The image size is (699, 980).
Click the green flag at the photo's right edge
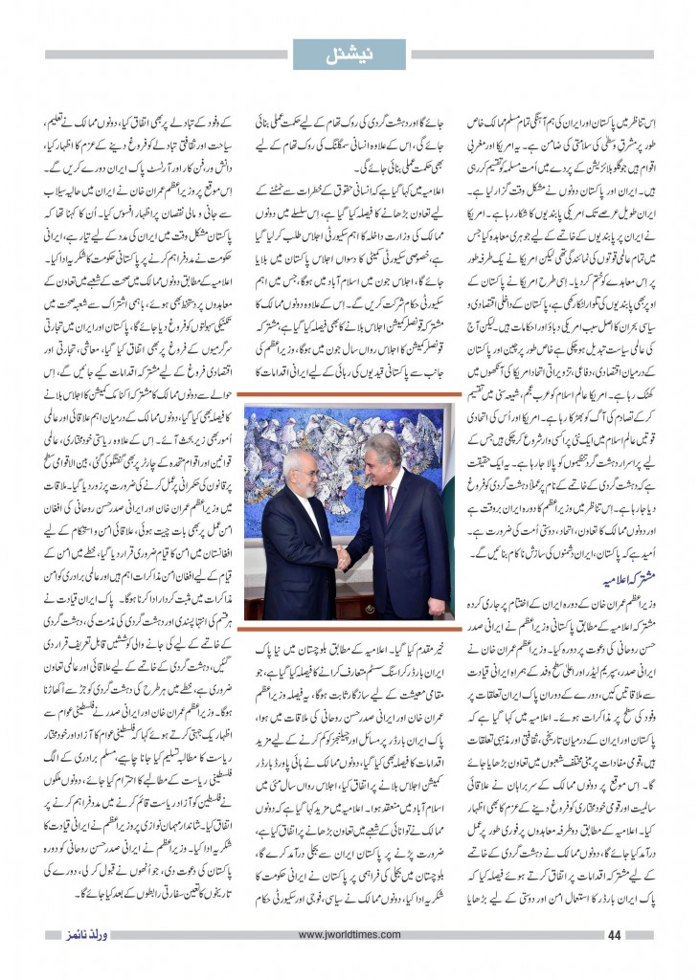449,507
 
